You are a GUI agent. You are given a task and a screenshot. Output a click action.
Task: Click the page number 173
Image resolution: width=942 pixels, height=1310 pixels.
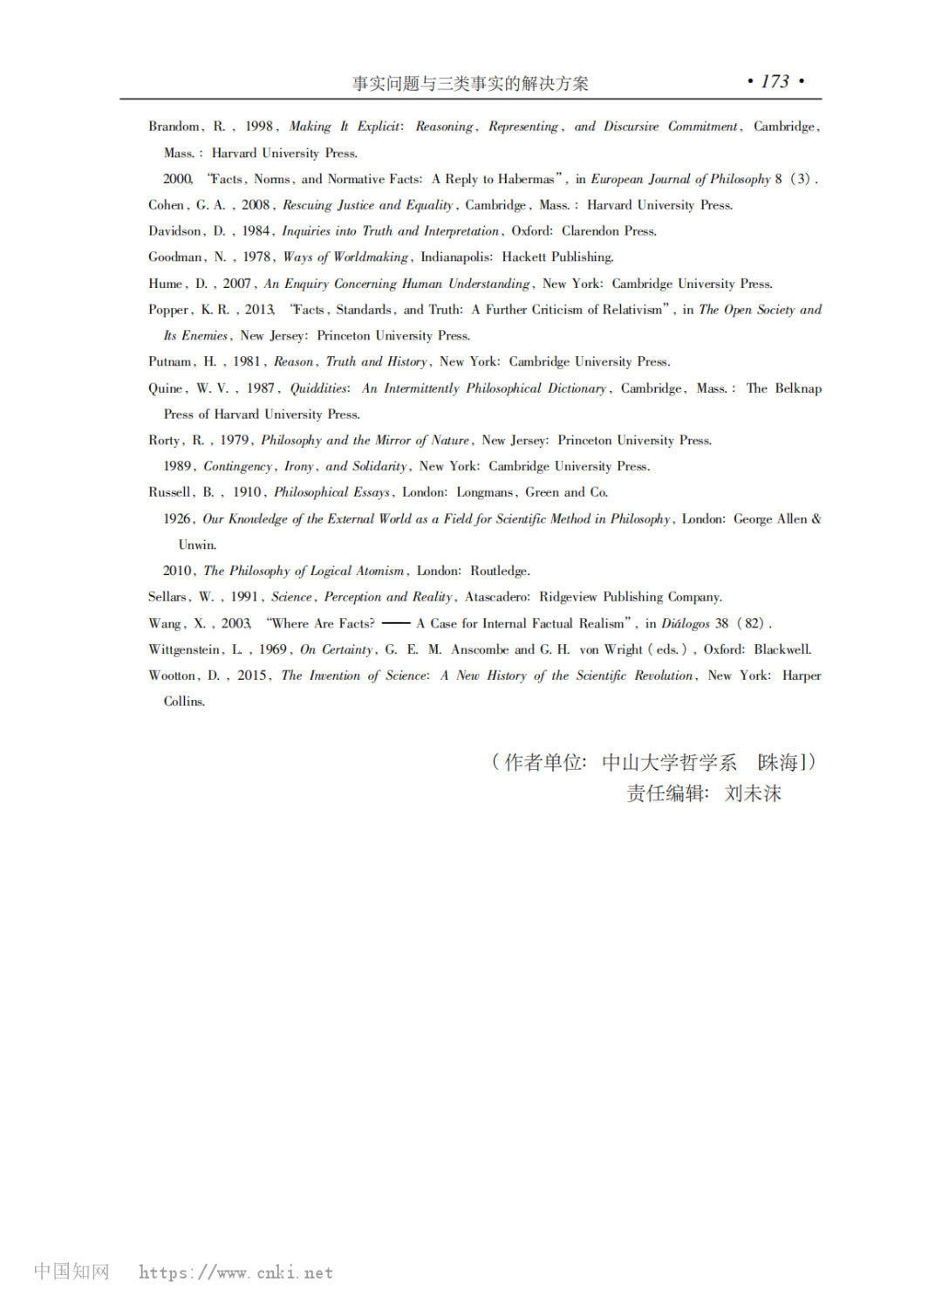(775, 82)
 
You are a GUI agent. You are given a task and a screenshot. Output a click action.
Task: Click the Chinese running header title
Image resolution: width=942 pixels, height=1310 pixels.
(470, 84)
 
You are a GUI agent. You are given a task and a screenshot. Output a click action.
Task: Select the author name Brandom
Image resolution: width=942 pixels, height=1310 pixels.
(174, 127)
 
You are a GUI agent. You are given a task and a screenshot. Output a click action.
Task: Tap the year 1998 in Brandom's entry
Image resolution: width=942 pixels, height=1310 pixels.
(259, 127)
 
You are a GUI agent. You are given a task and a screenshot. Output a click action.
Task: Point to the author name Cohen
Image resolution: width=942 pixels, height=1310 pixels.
(166, 205)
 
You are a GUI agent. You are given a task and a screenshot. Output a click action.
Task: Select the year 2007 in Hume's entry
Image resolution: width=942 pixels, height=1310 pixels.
(236, 284)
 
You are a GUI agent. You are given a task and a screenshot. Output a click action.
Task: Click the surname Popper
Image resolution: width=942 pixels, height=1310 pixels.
(167, 310)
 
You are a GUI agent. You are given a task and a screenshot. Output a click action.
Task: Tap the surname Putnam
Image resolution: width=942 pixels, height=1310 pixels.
(169, 362)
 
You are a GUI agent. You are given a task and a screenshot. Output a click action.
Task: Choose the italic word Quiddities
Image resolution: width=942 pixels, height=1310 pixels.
(319, 388)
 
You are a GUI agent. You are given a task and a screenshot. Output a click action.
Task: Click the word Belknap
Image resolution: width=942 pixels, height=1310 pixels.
(798, 388)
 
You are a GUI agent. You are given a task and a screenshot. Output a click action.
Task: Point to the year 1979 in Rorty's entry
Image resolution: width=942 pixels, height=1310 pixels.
(235, 441)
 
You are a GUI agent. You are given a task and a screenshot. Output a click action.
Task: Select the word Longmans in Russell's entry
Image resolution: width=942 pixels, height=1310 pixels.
(485, 492)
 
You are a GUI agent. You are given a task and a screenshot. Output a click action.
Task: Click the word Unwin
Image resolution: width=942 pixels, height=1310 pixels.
(197, 545)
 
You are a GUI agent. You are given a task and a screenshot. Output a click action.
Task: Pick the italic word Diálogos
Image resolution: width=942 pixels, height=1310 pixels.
(686, 623)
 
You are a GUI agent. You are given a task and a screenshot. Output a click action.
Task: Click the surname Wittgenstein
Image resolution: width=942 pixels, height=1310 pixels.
(184, 650)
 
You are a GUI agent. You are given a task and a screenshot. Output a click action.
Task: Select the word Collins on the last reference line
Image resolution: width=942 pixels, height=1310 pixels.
(184, 702)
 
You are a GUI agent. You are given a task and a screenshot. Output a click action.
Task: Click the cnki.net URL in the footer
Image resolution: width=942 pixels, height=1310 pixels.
(235, 1272)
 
